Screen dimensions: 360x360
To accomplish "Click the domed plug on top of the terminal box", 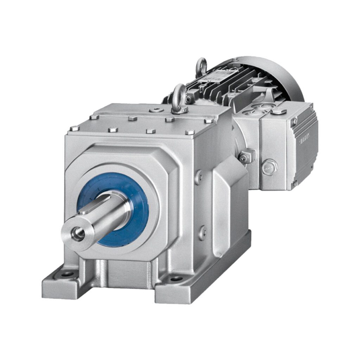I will tap(279, 111).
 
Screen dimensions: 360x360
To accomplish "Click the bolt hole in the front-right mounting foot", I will tap(176, 279).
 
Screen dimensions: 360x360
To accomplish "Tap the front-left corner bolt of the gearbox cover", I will tap(75, 128).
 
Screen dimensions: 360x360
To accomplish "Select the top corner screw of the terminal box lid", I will tap(294, 121).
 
